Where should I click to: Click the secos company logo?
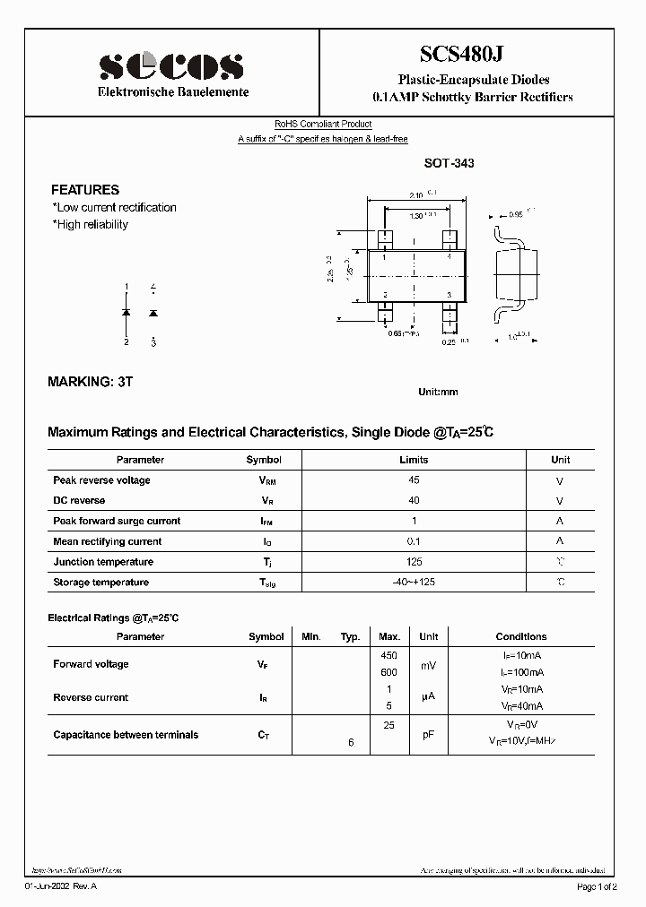[170, 65]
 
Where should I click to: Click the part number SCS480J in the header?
[473, 55]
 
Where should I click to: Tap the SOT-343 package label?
[449, 164]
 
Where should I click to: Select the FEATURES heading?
[84, 190]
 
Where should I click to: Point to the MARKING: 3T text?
[90, 382]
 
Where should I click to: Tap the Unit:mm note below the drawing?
[438, 393]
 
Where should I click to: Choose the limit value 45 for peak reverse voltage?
[414, 480]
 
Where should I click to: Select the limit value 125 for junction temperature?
[414, 562]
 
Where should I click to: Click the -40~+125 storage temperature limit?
[414, 583]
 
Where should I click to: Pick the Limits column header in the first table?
[414, 460]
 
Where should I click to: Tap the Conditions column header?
[520, 636]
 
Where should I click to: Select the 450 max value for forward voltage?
[389, 655]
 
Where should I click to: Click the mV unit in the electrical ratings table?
[429, 665]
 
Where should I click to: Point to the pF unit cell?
[429, 735]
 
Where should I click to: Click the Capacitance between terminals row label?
[126, 735]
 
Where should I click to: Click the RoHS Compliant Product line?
[322, 125]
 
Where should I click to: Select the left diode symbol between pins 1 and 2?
[127, 313]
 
